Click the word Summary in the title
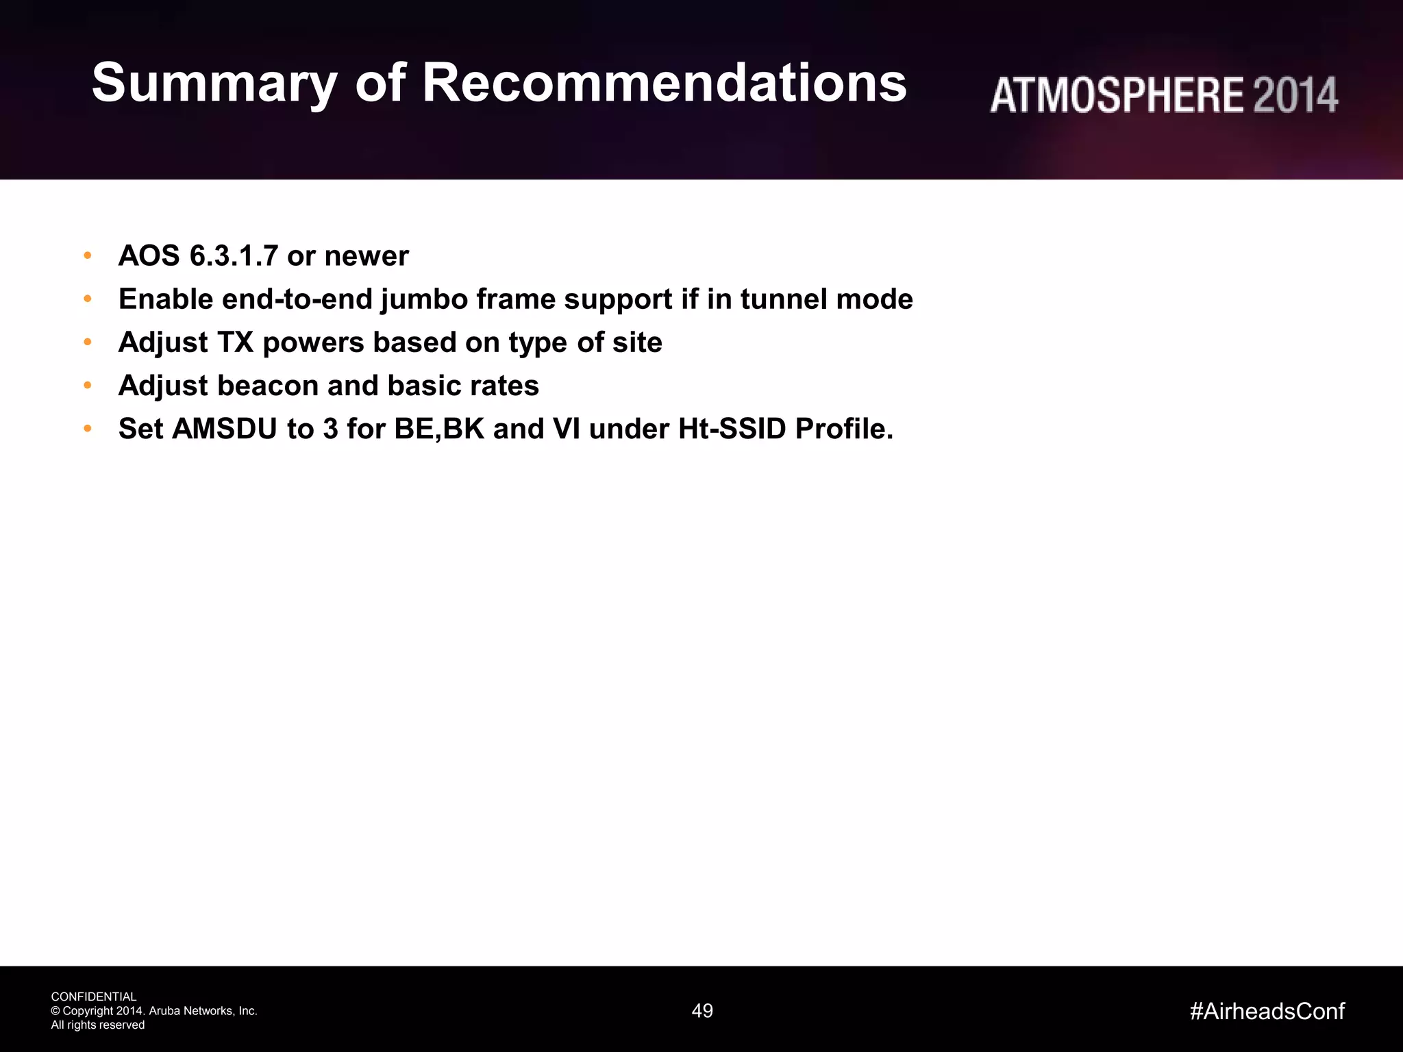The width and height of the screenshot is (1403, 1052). pyautogui.click(x=214, y=84)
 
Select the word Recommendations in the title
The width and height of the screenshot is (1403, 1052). pyautogui.click(x=664, y=84)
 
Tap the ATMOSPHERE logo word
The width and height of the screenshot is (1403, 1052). pyautogui.click(x=1117, y=95)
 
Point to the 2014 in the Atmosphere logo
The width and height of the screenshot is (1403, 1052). pyautogui.click(x=1295, y=95)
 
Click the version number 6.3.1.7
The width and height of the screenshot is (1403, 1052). pyautogui.click(x=234, y=256)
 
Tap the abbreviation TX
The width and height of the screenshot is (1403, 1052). pyautogui.click(x=235, y=342)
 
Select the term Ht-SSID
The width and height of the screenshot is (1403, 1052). pyautogui.click(x=732, y=429)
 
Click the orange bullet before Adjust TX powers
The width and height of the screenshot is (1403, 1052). pyautogui.click(x=88, y=342)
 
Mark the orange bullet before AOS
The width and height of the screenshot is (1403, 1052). pyautogui.click(x=88, y=255)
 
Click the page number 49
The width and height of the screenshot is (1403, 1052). pyautogui.click(x=702, y=1011)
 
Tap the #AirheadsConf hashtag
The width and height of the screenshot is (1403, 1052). pyautogui.click(x=1267, y=1011)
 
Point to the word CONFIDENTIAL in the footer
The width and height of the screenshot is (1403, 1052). pyautogui.click(x=94, y=997)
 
